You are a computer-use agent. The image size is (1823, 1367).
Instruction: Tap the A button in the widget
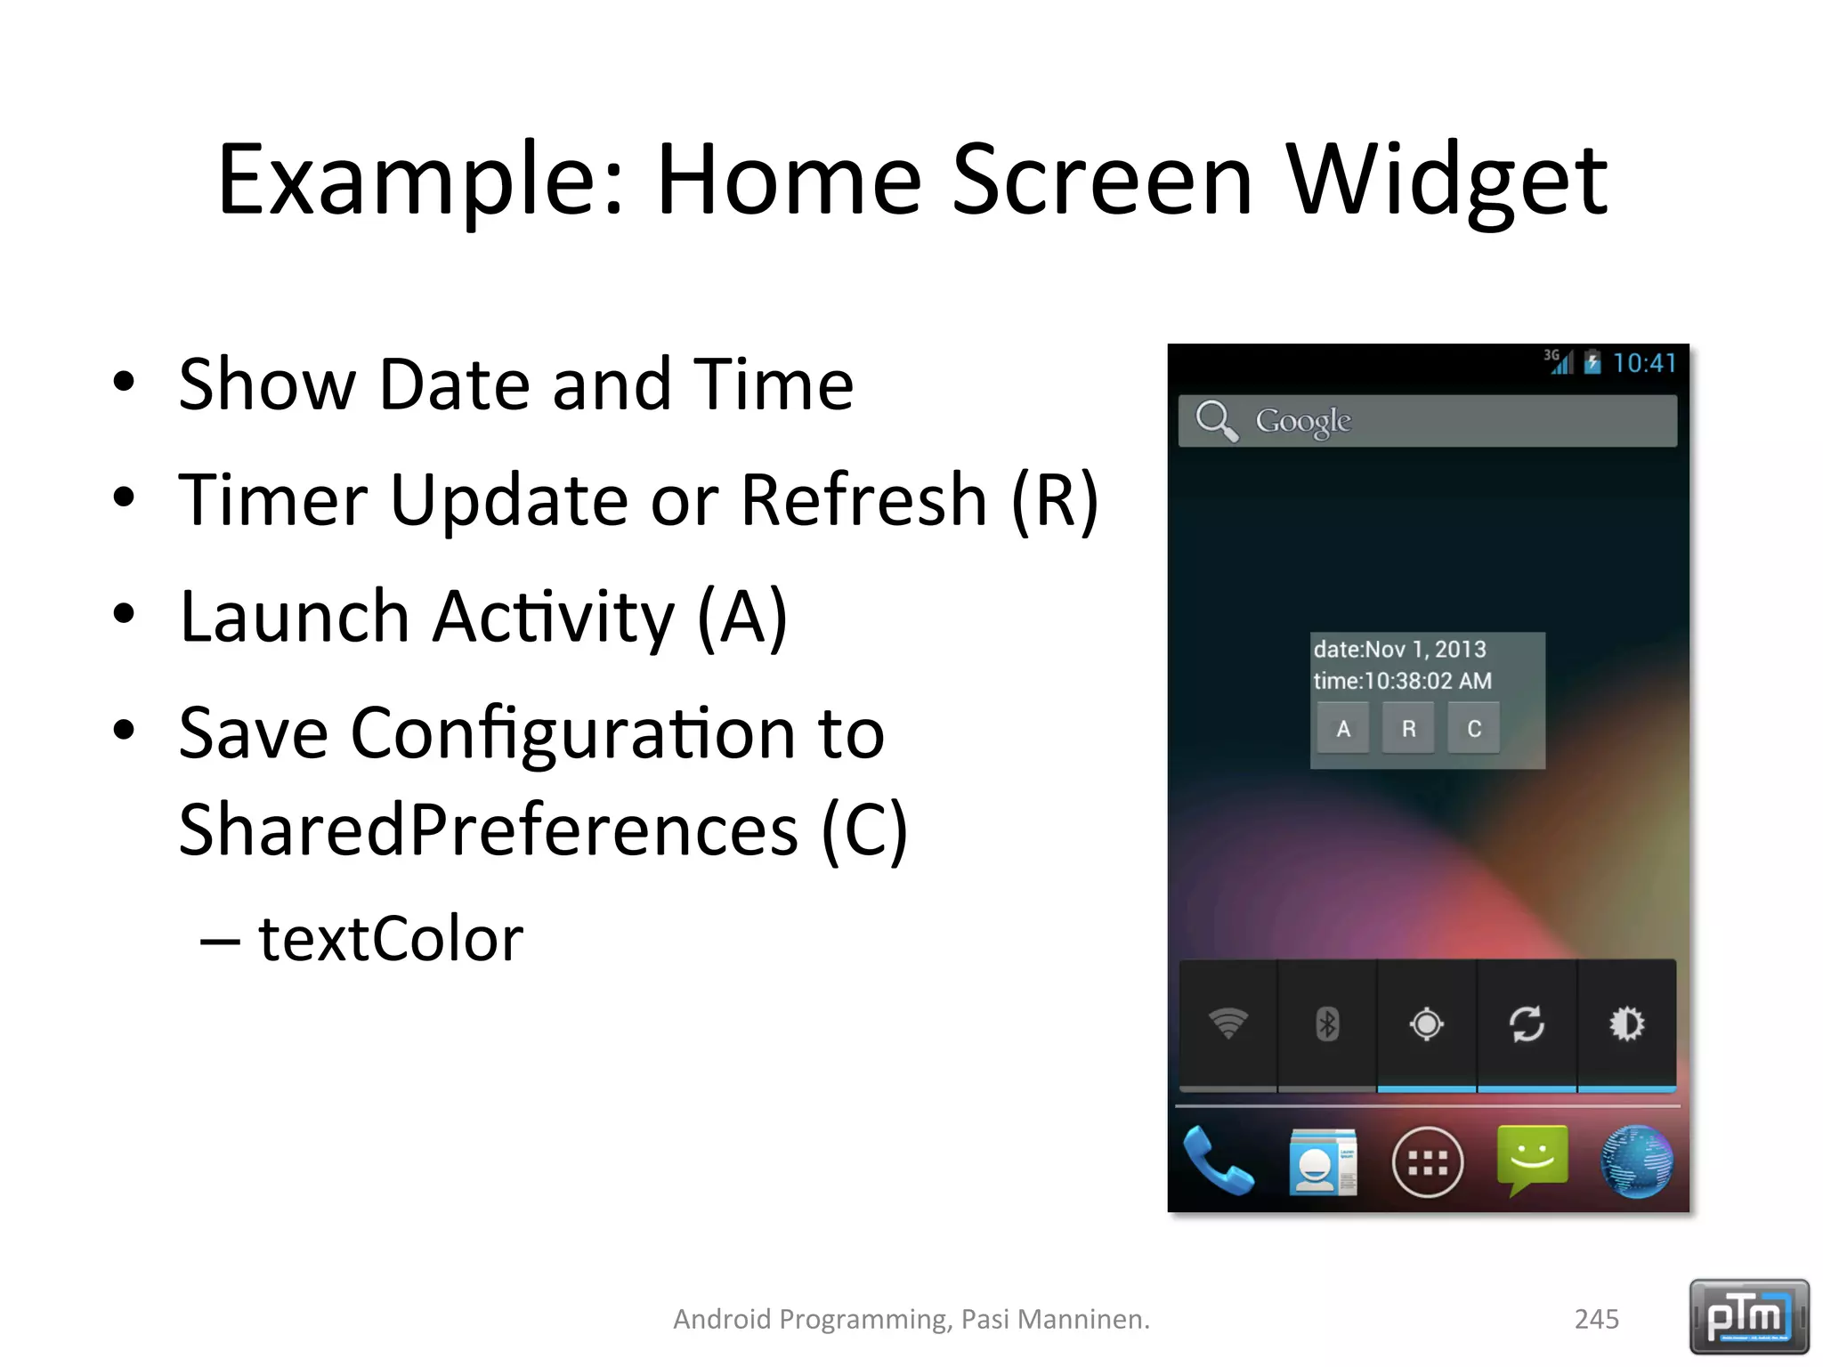coord(1342,729)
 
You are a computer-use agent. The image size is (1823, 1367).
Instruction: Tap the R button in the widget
coord(1408,729)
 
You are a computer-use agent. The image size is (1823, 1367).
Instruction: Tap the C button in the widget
coord(1474,729)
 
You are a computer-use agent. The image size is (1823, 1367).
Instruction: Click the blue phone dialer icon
coord(1218,1161)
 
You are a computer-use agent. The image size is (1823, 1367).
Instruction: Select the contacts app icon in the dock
coord(1323,1161)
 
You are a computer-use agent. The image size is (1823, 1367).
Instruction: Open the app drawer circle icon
coord(1427,1162)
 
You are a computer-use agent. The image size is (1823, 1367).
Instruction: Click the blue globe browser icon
coord(1636,1161)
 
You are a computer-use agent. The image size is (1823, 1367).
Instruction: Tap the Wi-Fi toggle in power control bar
coord(1228,1023)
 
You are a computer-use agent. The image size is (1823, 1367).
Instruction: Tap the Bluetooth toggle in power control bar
coord(1327,1023)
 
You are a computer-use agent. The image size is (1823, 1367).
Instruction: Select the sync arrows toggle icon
coord(1527,1023)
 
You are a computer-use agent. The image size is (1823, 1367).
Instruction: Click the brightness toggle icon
coord(1626,1023)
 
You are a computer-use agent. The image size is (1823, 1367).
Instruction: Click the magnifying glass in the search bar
coord(1216,420)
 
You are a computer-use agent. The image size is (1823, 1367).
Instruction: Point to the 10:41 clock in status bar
coord(1644,363)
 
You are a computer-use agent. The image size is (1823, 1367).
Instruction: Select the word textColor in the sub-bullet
coord(390,939)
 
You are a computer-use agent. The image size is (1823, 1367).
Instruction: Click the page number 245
coord(1596,1319)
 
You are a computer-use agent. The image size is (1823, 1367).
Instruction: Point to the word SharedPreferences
coord(488,829)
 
